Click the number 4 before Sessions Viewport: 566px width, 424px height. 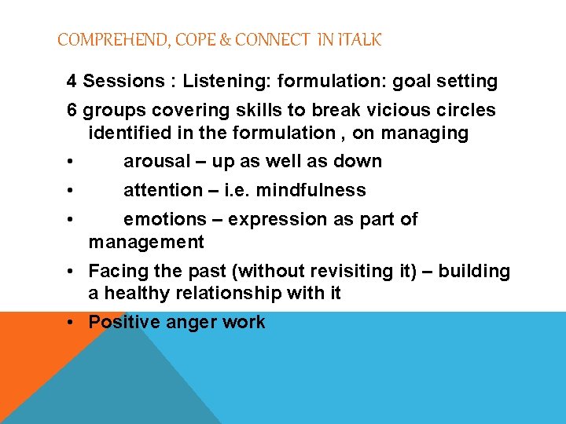(x=72, y=82)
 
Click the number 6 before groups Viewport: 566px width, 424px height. (x=72, y=111)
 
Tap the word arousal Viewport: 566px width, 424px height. (x=157, y=162)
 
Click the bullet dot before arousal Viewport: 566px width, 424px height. (x=71, y=163)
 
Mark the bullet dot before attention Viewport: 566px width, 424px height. (x=71, y=192)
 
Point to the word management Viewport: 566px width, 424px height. (x=146, y=243)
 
